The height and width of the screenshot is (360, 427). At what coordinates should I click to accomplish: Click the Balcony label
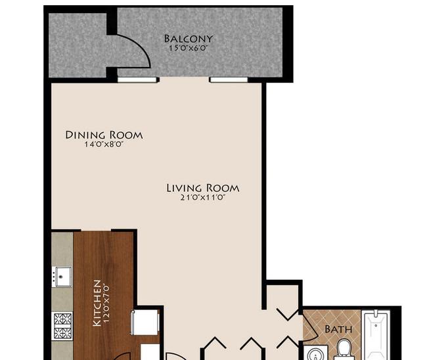(188, 39)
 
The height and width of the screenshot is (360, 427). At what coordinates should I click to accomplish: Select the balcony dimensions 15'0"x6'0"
(189, 49)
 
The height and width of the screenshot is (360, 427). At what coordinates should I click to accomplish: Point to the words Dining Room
(104, 135)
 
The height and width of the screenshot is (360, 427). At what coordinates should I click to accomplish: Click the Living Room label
(203, 188)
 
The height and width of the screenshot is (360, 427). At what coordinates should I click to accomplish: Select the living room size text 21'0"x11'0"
(203, 198)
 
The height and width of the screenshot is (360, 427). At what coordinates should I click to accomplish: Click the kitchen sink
(62, 277)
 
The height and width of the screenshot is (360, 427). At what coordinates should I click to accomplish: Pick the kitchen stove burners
(62, 326)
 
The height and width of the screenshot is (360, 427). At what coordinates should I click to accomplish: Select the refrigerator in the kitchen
(145, 323)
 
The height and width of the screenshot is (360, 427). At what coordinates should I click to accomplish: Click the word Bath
(338, 329)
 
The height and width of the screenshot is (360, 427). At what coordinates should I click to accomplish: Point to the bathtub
(376, 335)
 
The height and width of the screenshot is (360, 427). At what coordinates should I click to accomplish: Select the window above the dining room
(138, 79)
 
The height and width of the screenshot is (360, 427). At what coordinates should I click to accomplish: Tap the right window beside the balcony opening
(229, 79)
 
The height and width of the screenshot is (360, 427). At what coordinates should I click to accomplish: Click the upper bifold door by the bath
(288, 314)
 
